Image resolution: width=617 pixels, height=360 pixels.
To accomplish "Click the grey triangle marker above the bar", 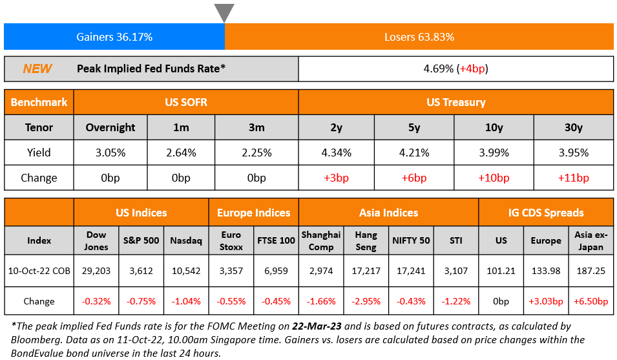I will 224,12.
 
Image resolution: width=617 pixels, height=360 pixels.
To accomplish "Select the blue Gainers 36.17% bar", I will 114,37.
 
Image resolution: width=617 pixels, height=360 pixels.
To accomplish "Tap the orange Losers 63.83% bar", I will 419,37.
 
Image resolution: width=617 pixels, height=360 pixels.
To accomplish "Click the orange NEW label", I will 37,69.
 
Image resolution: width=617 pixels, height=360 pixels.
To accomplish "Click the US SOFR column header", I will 186,102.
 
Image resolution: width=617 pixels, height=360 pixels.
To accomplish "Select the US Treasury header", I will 455,102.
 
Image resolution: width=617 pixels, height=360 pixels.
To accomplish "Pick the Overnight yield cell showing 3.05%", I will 110,153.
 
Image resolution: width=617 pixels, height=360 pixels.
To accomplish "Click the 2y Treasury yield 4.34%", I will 336,153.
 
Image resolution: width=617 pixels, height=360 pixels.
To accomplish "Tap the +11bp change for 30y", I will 573,178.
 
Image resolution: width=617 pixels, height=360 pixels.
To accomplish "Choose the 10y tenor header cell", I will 494,127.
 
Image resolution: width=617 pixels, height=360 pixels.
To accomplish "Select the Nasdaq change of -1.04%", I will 185,301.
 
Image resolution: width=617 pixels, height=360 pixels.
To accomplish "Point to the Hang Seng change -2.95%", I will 366,301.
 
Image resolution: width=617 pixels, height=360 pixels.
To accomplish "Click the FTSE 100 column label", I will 276,240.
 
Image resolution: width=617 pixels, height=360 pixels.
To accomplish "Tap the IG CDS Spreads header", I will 545,213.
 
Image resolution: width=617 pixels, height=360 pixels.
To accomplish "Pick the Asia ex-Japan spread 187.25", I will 591,271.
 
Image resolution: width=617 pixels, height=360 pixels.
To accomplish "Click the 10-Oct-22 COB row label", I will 39,271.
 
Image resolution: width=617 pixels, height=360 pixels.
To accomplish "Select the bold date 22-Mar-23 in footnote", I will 319,326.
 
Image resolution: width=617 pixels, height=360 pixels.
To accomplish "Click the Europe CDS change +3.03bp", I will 546,301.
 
